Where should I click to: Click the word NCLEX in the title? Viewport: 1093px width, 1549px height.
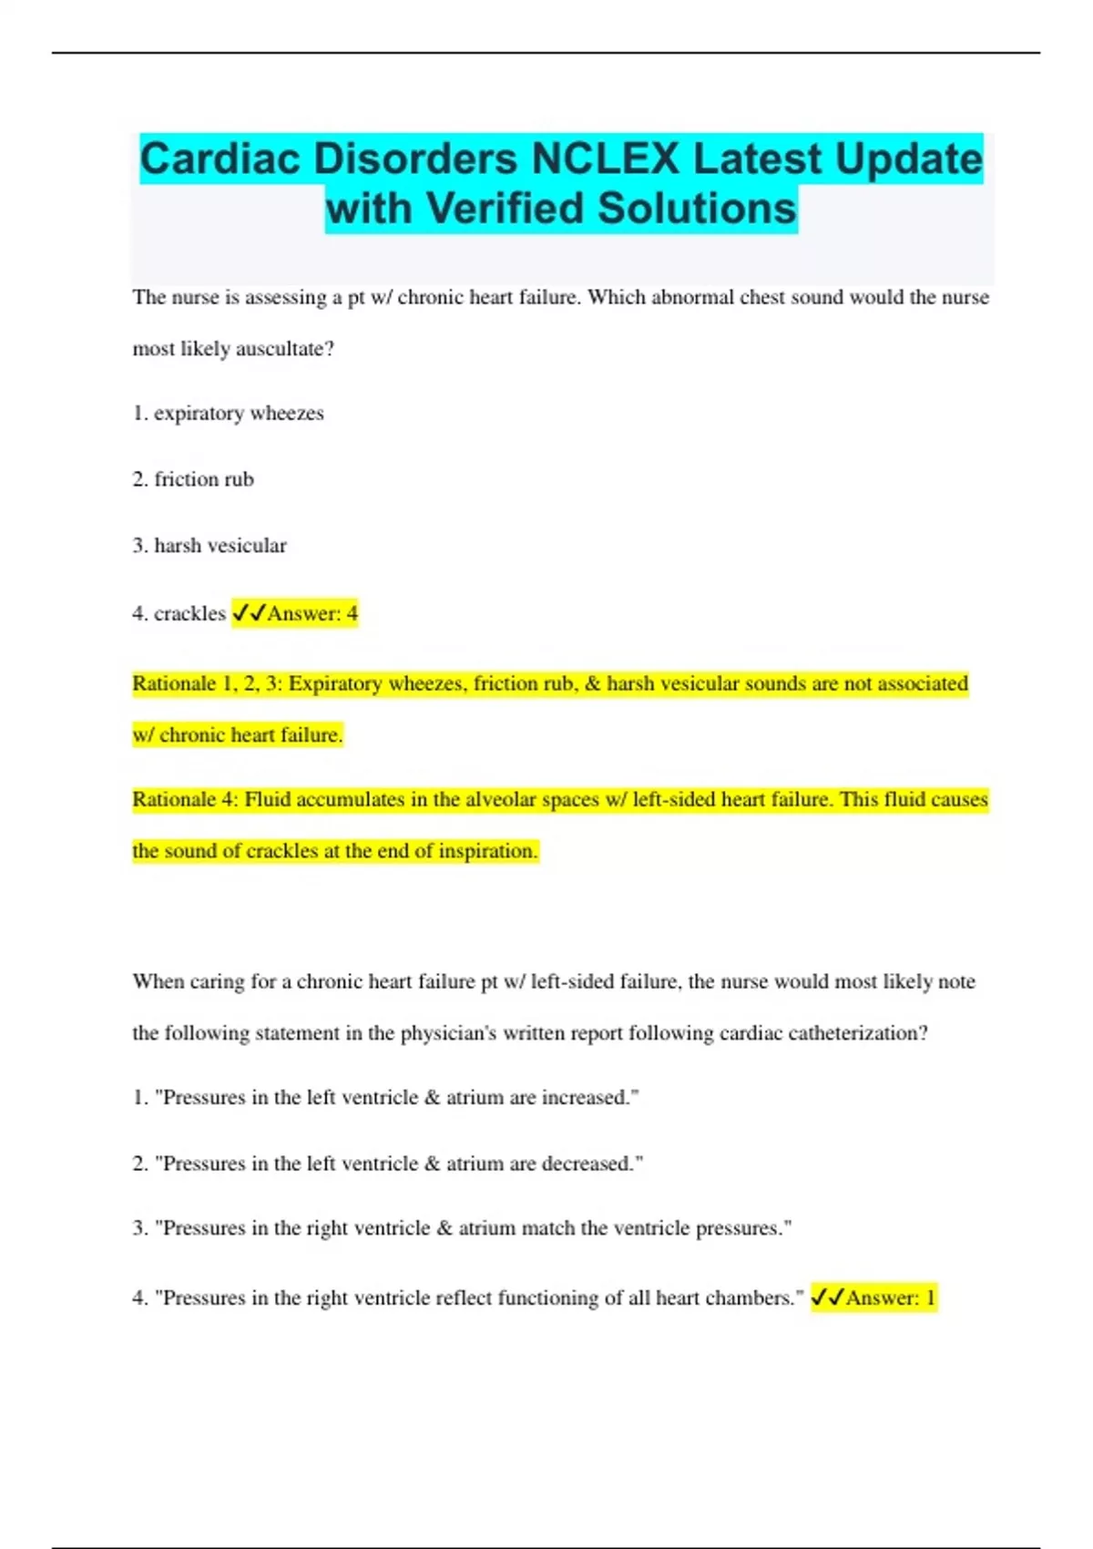tap(605, 159)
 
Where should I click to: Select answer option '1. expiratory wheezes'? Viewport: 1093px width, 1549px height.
tap(228, 414)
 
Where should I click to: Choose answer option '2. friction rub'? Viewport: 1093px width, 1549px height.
tap(193, 479)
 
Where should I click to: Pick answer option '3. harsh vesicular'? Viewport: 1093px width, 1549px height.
tap(209, 546)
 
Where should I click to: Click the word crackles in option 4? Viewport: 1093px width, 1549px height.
tap(189, 613)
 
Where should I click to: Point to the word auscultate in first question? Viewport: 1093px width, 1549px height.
tap(284, 349)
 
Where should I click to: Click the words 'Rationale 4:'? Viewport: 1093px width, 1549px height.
tap(185, 800)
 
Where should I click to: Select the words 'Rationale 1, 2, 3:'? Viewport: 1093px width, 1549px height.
tap(208, 683)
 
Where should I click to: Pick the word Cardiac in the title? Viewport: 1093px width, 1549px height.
tap(220, 159)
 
